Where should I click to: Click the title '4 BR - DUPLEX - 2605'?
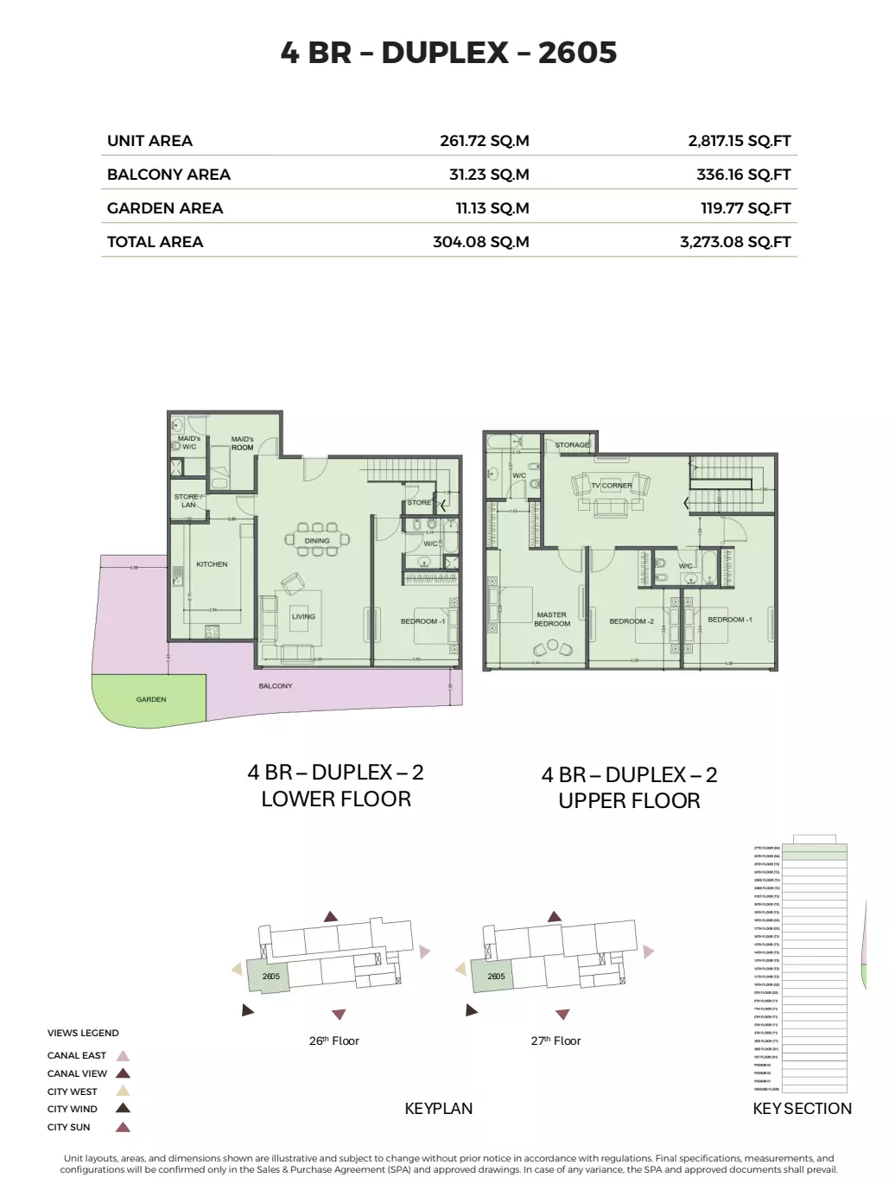[x=448, y=53]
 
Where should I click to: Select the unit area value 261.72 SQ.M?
[x=484, y=141]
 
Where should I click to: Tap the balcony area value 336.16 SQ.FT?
[x=743, y=175]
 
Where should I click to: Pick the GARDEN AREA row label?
[x=165, y=208]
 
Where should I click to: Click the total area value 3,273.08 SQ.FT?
[x=734, y=242]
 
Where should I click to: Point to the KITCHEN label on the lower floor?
[x=212, y=564]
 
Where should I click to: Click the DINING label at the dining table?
[x=317, y=541]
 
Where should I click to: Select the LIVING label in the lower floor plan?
[x=303, y=617]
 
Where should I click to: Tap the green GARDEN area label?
[x=151, y=699]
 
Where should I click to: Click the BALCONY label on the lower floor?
[x=276, y=686]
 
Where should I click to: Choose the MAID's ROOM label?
[x=242, y=443]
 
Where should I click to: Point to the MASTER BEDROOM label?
[x=552, y=619]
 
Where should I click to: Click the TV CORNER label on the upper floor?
[x=612, y=486]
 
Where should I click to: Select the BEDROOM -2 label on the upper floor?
[x=632, y=621]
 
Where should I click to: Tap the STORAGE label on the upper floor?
[x=572, y=445]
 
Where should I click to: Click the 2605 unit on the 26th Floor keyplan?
[x=271, y=977]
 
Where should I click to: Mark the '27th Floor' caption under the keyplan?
[x=555, y=1041]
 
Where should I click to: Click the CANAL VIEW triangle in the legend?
[x=124, y=1073]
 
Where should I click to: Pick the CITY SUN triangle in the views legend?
[x=124, y=1127]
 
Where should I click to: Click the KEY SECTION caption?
[x=802, y=1109]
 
